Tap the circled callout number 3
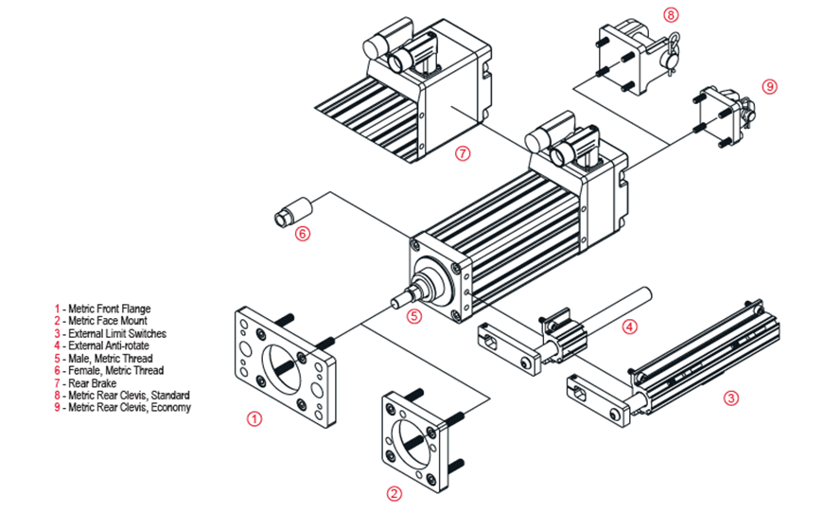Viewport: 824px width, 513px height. [x=730, y=398]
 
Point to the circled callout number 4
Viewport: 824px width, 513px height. [x=628, y=327]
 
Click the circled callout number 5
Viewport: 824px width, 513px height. [x=413, y=316]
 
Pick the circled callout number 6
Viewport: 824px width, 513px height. [x=302, y=233]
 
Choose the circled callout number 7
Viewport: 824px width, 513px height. [x=463, y=153]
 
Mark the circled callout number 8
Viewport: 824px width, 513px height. [x=671, y=14]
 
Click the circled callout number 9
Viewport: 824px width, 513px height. [x=769, y=86]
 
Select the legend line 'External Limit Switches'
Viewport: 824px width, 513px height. [x=110, y=333]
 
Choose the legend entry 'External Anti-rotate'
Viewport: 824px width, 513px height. [x=104, y=345]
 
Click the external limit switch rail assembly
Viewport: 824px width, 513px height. [x=681, y=360]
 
